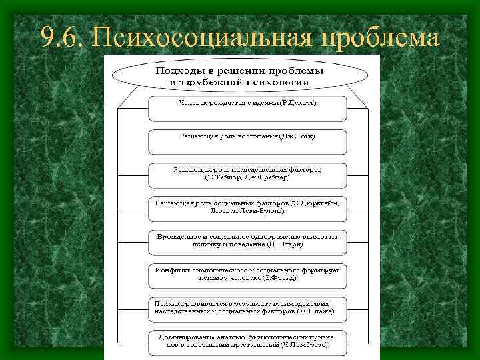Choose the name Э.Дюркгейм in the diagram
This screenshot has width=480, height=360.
[x=318, y=203]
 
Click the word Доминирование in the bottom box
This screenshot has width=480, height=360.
[x=190, y=336]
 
